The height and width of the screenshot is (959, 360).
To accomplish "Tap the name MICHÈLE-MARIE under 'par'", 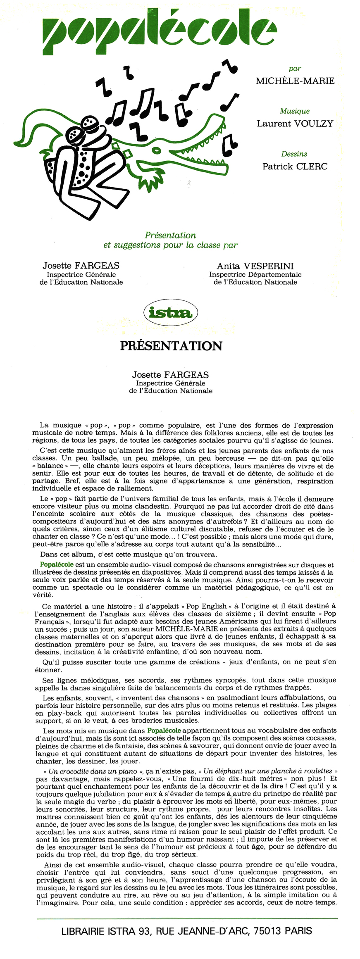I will (295, 81).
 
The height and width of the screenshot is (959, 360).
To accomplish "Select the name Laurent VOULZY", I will (295, 124).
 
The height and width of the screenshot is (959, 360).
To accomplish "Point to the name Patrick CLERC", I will (295, 167).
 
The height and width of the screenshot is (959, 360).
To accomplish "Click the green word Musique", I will (295, 111).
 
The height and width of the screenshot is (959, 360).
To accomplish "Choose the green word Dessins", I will (294, 154).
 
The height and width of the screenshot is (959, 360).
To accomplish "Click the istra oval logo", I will (170, 313).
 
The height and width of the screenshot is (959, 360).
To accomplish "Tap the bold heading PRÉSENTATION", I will (171, 346).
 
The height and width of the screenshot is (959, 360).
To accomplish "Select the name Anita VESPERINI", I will (255, 266).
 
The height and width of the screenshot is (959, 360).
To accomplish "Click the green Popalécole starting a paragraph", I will (57, 564).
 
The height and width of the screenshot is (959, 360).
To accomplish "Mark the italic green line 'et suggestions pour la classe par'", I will (170, 245).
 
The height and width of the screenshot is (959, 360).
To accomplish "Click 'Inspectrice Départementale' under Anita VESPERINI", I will (255, 274).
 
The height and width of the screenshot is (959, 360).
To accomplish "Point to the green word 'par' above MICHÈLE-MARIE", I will (295, 68).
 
